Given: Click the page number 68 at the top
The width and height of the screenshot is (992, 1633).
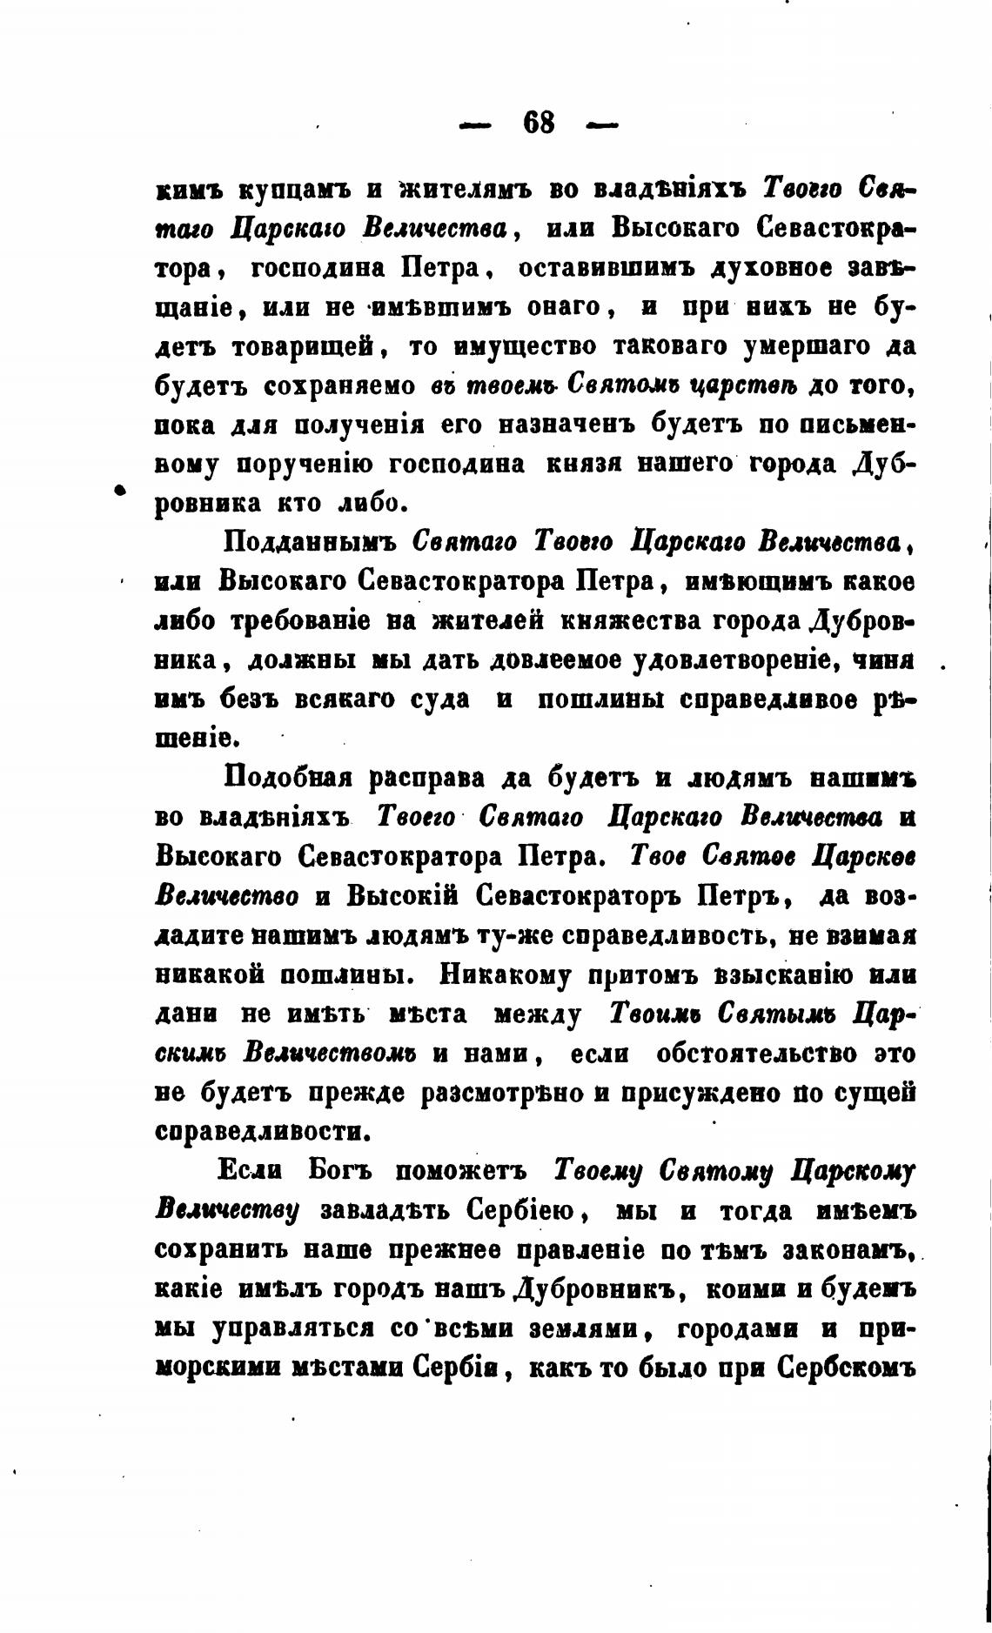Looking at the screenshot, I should click(539, 123).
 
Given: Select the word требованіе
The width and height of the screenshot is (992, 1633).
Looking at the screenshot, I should click(318, 621).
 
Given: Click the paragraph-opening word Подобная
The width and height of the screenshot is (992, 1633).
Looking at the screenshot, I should click(287, 778).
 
